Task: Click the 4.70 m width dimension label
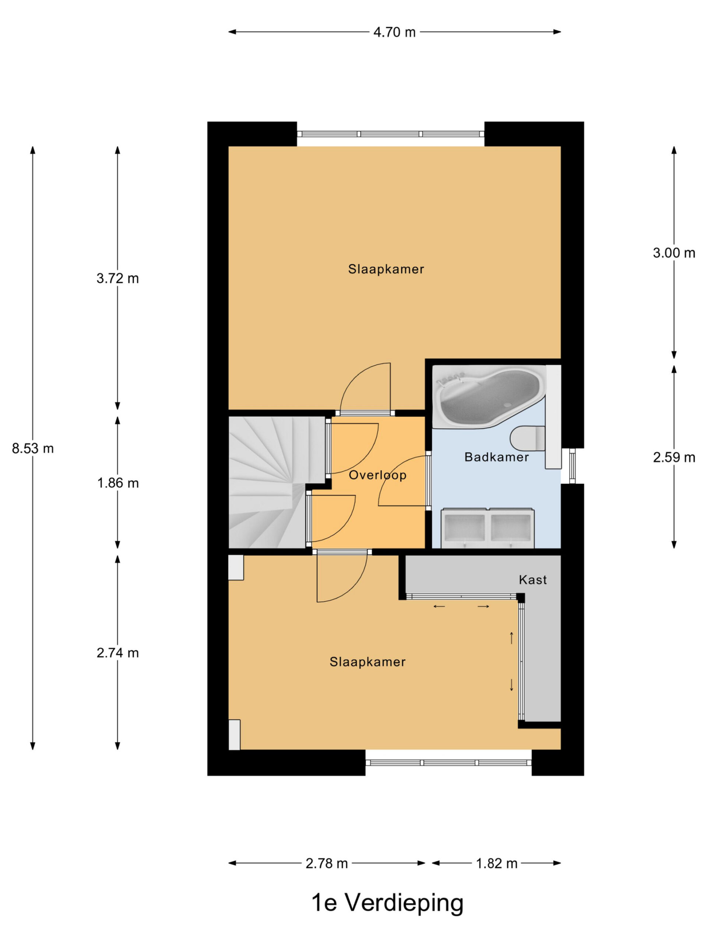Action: pyautogui.click(x=394, y=32)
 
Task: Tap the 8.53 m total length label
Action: pyautogui.click(x=33, y=449)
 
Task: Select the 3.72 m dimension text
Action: pyautogui.click(x=117, y=278)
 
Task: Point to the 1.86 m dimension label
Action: pyautogui.click(x=117, y=483)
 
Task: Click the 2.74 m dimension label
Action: pyautogui.click(x=117, y=653)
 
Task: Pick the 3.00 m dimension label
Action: pyautogui.click(x=674, y=253)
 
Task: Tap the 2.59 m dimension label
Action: pyautogui.click(x=674, y=458)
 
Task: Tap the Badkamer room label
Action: pyautogui.click(x=496, y=458)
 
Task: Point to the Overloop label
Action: pyautogui.click(x=377, y=475)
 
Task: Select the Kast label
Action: pyautogui.click(x=533, y=580)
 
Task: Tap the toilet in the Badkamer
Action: pyautogui.click(x=528, y=438)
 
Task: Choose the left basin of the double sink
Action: pyautogui.click(x=464, y=528)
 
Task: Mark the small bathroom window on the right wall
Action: pyautogui.click(x=572, y=466)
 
